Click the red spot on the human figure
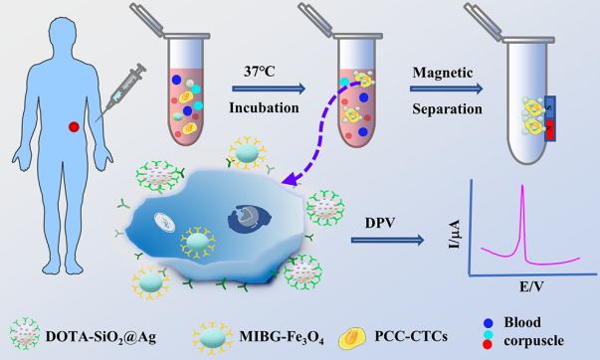tap(74, 126)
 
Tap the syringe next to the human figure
tap(121, 92)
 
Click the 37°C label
tap(260, 72)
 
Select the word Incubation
tap(264, 107)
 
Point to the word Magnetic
tap(443, 73)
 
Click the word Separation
tap(447, 109)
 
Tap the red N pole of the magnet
tap(550, 129)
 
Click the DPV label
tap(379, 223)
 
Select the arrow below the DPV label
tap(388, 241)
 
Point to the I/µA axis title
tap(454, 234)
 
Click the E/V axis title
tap(531, 286)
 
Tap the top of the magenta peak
tap(522, 186)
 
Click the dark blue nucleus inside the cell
tap(250, 219)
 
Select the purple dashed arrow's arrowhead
tap(291, 178)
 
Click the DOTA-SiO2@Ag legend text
tap(101, 337)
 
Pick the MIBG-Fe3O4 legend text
tap(282, 337)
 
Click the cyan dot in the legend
tap(488, 334)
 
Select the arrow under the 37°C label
tap(269, 89)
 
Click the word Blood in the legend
tap(522, 322)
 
